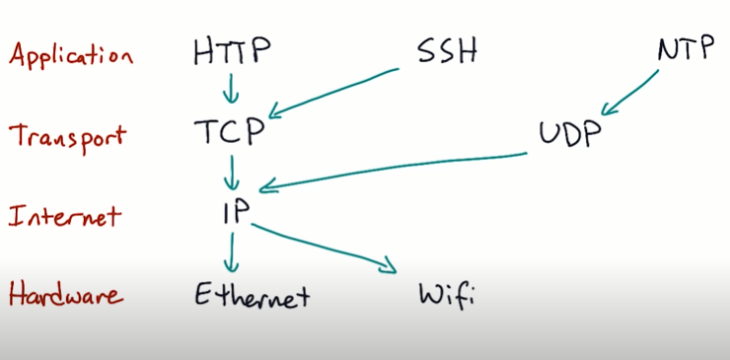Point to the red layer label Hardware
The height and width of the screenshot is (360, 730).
(x=66, y=293)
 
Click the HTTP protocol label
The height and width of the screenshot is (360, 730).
(x=231, y=50)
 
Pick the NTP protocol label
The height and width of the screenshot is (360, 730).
(x=684, y=48)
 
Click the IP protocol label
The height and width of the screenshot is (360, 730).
(x=233, y=213)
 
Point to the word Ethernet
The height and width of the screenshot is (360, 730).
(x=252, y=294)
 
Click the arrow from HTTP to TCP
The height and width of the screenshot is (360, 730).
(x=232, y=91)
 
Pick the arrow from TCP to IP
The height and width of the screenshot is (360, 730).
(x=233, y=174)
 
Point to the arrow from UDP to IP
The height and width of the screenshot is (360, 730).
(x=395, y=168)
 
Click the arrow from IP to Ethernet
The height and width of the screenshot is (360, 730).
(x=233, y=254)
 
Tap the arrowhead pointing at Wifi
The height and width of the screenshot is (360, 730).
(x=388, y=265)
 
